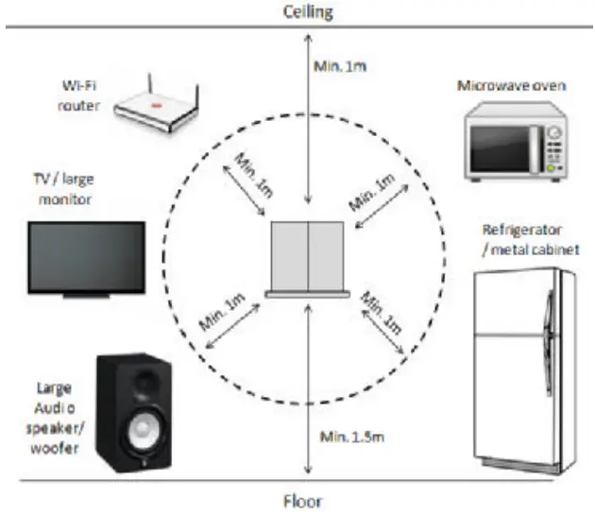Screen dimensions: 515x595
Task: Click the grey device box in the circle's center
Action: pos(309,257)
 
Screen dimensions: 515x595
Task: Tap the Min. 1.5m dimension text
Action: pos(350,437)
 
